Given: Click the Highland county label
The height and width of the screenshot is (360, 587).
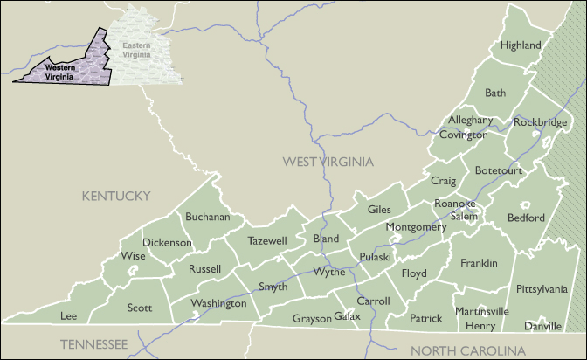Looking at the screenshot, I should tap(520, 45).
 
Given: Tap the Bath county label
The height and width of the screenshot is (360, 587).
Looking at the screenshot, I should tap(495, 93).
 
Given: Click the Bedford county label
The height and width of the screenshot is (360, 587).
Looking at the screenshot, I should tap(525, 218).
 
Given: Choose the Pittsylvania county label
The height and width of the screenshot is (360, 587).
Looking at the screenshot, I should tap(542, 288).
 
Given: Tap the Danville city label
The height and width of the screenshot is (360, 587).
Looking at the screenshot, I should tap(543, 326).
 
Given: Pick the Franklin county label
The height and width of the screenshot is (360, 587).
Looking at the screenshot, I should tap(479, 263).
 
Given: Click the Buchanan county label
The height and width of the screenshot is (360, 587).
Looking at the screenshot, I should tap(208, 217).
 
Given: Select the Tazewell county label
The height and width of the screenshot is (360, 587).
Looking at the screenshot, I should tap(266, 240).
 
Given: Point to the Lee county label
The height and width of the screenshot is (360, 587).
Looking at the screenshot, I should tap(68, 315).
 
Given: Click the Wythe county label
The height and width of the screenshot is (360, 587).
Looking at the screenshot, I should tap(328, 272).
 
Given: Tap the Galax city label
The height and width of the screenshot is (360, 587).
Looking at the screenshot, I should tap(347, 316).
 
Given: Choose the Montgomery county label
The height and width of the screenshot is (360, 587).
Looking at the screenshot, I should tap(416, 227).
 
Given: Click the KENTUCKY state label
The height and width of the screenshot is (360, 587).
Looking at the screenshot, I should tap(116, 196).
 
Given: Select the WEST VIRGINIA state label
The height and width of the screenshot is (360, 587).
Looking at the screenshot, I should tap(328, 162).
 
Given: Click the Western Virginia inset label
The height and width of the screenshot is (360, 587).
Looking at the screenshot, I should tap(60, 71).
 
